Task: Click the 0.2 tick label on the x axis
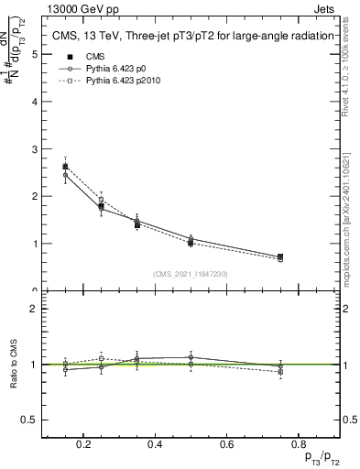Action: coord(83,444)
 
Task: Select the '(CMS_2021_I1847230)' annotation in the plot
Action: coord(191,273)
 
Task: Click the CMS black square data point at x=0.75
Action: coord(279,256)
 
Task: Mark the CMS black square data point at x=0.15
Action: coord(65,167)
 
